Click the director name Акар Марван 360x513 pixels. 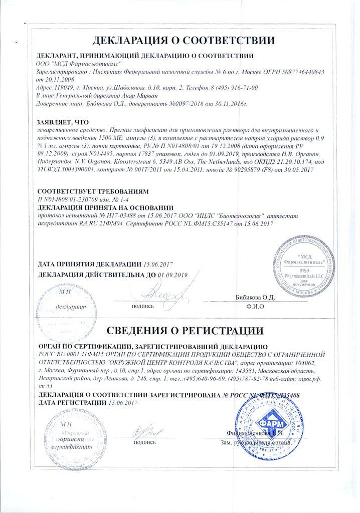click(125, 95)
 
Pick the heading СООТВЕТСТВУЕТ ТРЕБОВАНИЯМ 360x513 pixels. click(93, 191)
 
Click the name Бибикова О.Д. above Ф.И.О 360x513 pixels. click(255, 297)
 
